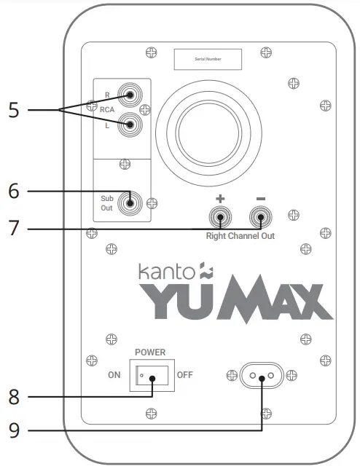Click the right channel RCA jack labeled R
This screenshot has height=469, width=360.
pyautogui.click(x=132, y=95)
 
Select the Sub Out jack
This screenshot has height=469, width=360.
pyautogui.click(x=132, y=202)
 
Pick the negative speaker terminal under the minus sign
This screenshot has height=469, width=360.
pyautogui.click(x=260, y=216)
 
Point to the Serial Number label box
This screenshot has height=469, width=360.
pyautogui.click(x=207, y=59)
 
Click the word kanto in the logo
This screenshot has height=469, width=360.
pyautogui.click(x=164, y=272)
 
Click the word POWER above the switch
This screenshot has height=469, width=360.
pyautogui.click(x=150, y=352)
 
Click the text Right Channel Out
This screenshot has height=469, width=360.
pyautogui.click(x=240, y=237)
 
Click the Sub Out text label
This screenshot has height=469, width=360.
pyautogui.click(x=108, y=202)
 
